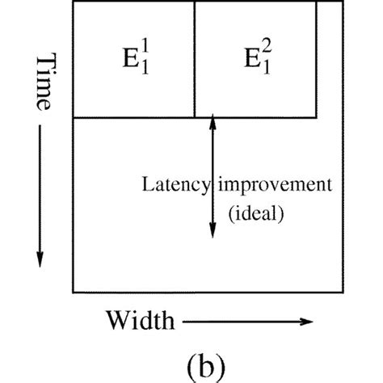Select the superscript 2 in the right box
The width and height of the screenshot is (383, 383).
pos(267,48)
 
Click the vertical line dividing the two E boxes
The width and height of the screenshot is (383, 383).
pos(194,61)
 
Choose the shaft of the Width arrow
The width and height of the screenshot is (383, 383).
pos(242,322)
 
